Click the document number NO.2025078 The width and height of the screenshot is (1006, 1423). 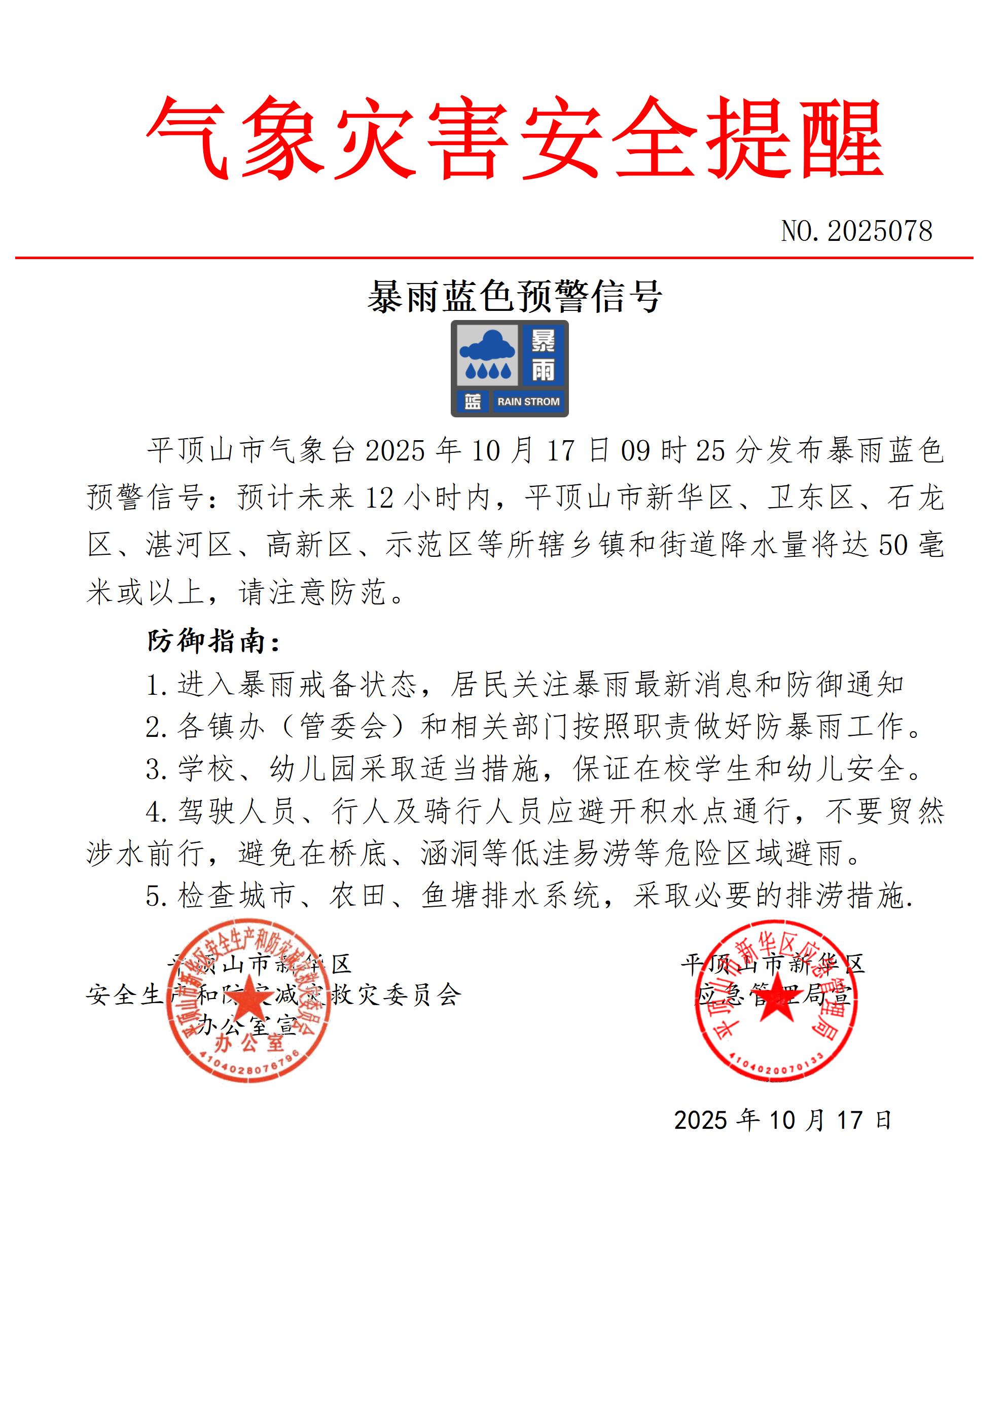pos(856,231)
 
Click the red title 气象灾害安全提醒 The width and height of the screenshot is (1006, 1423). pos(515,137)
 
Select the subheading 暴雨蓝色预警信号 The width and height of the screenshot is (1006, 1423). pos(515,297)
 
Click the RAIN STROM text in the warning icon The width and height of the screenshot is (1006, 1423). pos(528,402)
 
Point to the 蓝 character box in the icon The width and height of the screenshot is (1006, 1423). pos(472,402)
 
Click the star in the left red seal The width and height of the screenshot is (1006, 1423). pos(248,995)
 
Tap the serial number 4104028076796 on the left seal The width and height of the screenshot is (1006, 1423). pos(248,1064)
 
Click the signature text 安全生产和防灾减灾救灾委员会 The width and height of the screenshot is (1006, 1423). pos(273,995)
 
